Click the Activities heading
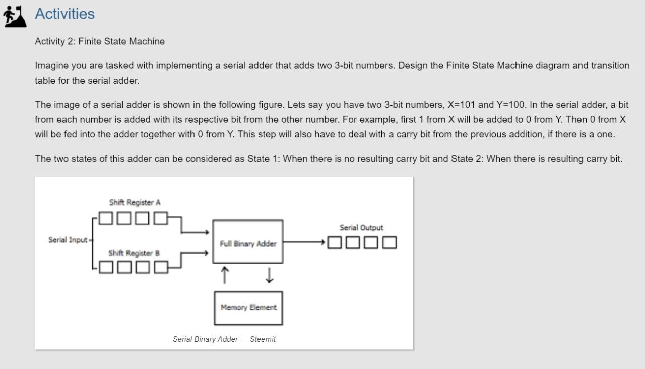(x=64, y=14)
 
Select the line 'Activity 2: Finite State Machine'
(x=100, y=41)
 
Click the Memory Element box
(x=248, y=308)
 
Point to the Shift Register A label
(x=135, y=203)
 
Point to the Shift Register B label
(x=134, y=253)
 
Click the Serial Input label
(x=68, y=240)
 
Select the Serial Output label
(x=361, y=228)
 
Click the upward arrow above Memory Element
(x=225, y=275)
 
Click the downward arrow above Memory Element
(x=269, y=275)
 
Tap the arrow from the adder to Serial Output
(x=304, y=242)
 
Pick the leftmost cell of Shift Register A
(x=106, y=218)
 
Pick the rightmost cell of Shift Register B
(x=161, y=267)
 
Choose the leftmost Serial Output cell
(x=335, y=243)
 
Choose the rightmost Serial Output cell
(x=390, y=243)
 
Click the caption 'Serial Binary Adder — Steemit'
(x=224, y=339)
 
